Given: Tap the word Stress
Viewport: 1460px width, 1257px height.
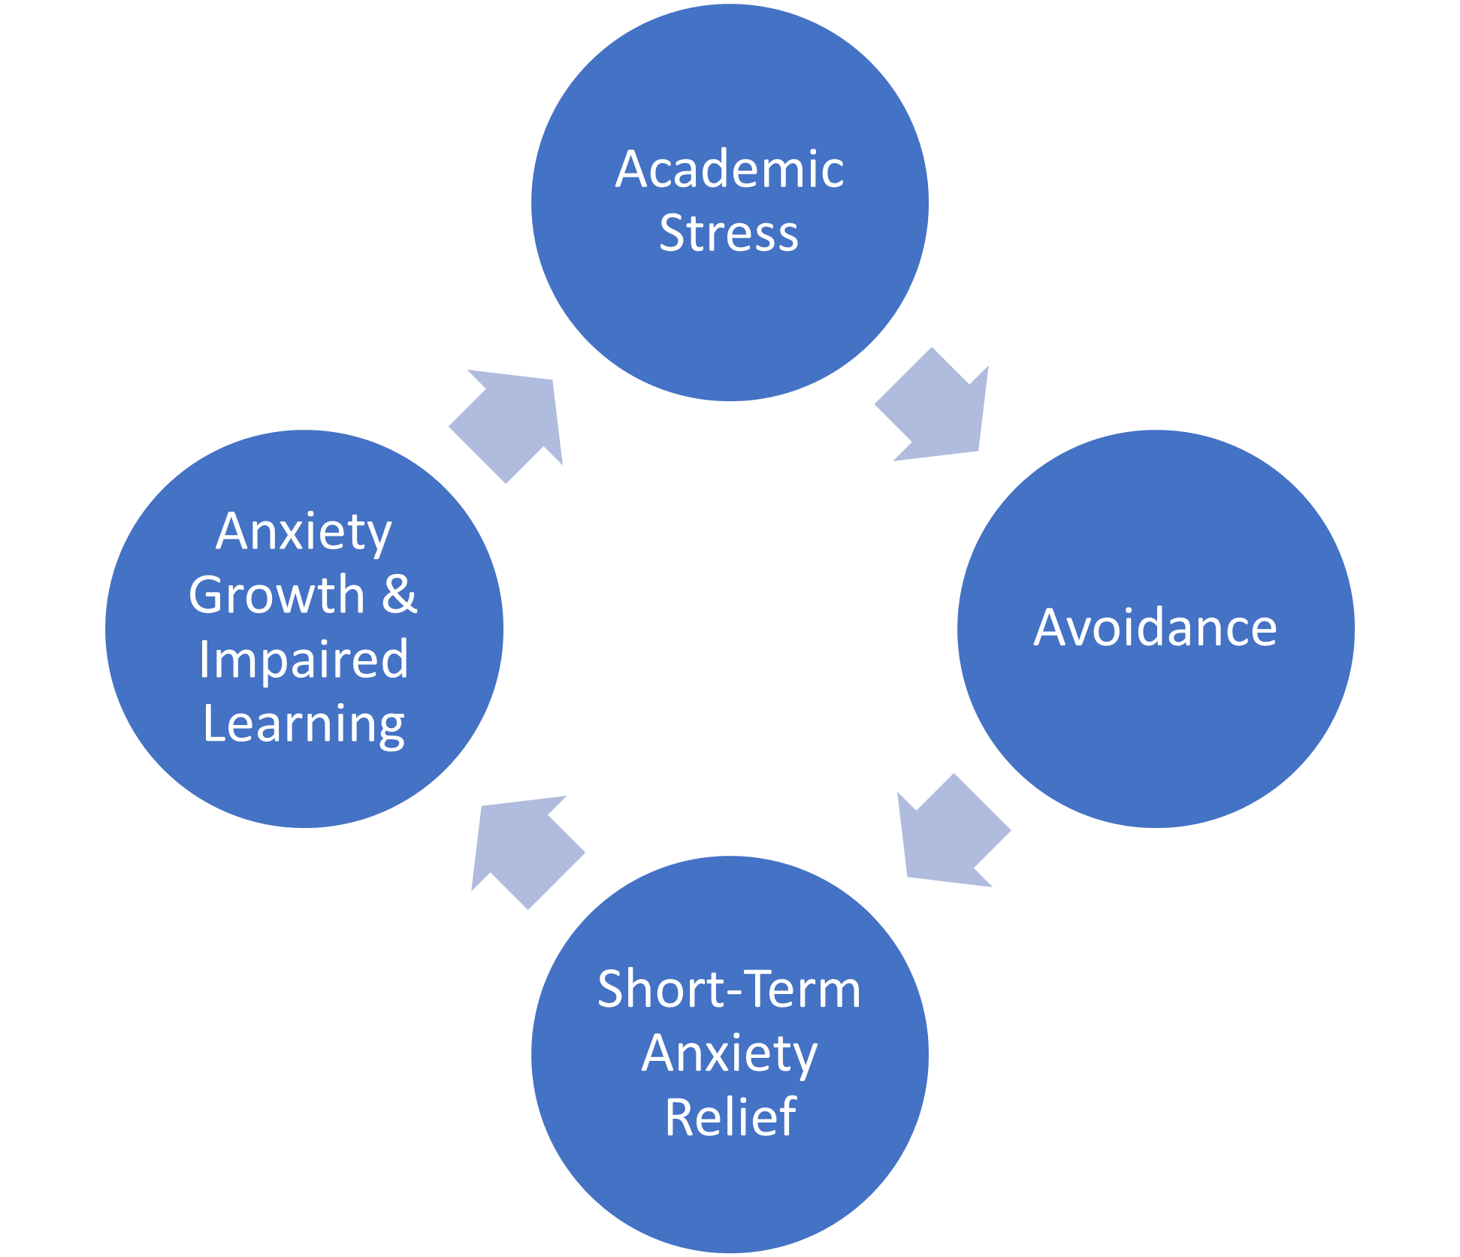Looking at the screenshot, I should click(729, 233).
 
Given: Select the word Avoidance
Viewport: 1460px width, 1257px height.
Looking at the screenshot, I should click(1155, 627).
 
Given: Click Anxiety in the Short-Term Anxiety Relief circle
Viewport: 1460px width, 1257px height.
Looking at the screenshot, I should click(729, 1053).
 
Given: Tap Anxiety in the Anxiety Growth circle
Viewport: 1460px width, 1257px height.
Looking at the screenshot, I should click(304, 532).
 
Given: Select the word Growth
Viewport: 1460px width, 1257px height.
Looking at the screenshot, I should click(277, 595).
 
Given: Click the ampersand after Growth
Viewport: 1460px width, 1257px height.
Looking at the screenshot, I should click(399, 595).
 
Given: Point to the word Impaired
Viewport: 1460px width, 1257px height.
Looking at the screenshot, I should click(304, 660).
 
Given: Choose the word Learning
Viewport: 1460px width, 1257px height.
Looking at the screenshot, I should click(304, 724).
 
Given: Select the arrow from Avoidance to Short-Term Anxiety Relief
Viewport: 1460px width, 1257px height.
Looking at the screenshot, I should click(951, 834).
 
